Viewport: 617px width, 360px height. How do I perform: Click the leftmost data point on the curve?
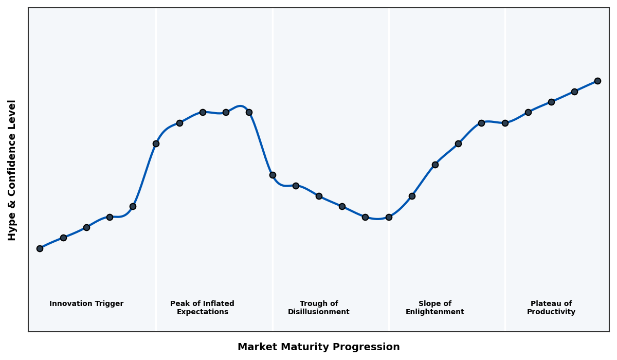tap(40, 248)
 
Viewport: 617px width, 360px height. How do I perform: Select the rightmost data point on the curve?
tap(597, 81)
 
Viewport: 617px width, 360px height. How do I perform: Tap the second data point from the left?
tap(63, 238)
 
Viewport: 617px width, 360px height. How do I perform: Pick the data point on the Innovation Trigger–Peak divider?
tap(156, 143)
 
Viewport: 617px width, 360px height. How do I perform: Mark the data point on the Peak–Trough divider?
tap(273, 175)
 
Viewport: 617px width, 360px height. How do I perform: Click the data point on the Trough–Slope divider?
tap(389, 217)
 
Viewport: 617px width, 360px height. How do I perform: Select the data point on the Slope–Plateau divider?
tap(505, 123)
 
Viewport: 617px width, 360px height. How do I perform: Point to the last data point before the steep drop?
tap(249, 112)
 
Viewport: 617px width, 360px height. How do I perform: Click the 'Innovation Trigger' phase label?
tap(86, 304)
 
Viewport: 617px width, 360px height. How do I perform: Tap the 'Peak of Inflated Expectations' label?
tap(202, 308)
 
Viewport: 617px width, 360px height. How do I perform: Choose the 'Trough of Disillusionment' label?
tap(319, 308)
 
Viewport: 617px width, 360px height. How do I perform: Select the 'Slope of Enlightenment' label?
tap(435, 308)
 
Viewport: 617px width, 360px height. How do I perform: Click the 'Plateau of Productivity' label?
tap(551, 308)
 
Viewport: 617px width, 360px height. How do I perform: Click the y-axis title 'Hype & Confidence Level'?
tap(12, 170)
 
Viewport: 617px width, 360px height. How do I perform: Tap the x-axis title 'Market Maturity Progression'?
tap(319, 347)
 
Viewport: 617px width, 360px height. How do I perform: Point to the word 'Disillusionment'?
tap(319, 312)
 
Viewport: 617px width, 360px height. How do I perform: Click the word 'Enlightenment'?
tap(435, 312)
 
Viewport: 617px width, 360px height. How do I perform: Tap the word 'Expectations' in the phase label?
tap(202, 312)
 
